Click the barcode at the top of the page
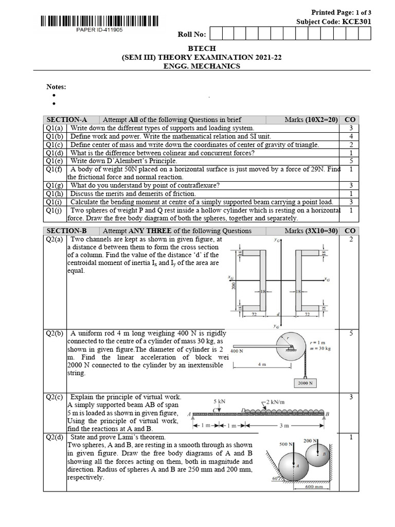pos(98,21)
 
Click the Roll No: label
pos(191,34)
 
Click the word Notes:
pos(57,87)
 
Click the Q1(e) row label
pos(55,161)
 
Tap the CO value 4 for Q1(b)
pos(351,136)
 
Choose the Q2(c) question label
pos(55,397)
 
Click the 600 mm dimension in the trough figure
pos(314,487)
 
